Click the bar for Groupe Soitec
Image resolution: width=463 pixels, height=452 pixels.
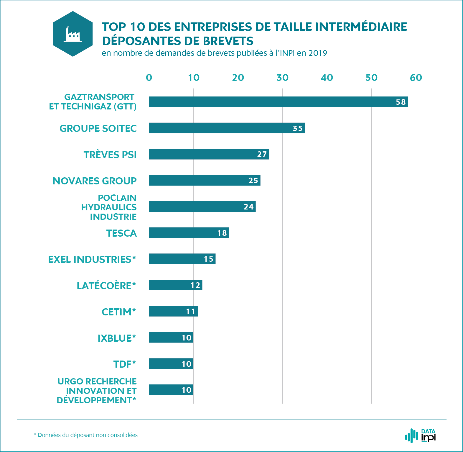click(227, 128)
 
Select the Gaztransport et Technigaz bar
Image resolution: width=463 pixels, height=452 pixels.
click(278, 102)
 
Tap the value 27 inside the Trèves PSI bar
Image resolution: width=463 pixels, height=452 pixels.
click(262, 154)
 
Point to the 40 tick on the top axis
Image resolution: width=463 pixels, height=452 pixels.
click(327, 78)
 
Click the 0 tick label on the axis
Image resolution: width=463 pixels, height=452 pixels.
click(149, 78)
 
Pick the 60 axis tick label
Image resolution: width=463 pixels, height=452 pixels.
click(416, 78)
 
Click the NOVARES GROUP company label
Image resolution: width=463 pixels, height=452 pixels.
click(95, 181)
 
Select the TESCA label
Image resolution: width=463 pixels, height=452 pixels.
click(121, 233)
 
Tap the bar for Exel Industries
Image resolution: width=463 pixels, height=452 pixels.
click(182, 259)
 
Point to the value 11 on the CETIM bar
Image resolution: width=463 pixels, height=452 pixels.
click(191, 312)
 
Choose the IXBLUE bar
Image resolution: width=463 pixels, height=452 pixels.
click(171, 338)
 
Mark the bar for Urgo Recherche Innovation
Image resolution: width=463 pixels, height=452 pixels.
click(171, 390)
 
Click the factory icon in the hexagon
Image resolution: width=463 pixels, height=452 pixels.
click(73, 35)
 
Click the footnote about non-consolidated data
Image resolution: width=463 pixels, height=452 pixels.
click(86, 435)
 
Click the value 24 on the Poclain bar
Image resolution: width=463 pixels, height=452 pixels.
click(248, 207)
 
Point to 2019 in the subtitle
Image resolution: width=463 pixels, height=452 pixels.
click(318, 53)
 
